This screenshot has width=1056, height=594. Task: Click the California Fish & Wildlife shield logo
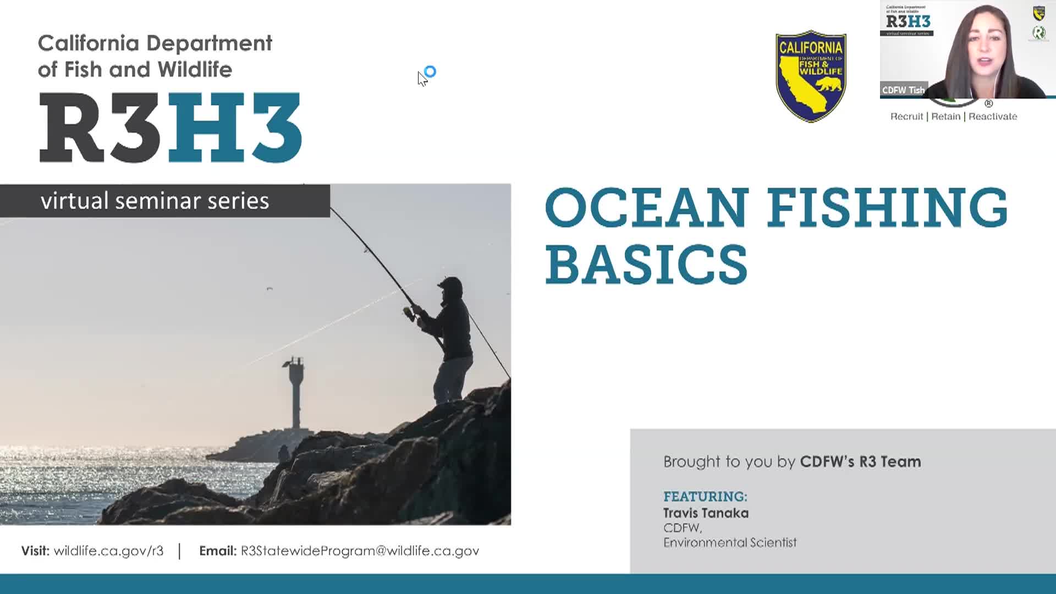coord(811,76)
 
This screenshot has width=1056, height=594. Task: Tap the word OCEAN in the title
coord(647,207)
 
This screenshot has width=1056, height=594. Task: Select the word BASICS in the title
coord(646,265)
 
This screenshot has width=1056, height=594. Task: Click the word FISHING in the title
coord(887,207)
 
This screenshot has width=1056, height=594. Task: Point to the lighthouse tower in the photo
coord(296,393)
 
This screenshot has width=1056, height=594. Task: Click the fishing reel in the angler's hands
coord(409,313)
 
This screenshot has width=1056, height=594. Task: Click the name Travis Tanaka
coord(706,513)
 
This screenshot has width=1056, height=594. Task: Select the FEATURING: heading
coord(705,497)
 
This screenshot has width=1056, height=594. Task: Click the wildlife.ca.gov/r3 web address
coord(108,551)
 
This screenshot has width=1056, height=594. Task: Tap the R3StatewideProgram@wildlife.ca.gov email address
coord(360,551)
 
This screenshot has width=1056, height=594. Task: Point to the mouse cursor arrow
coord(422,79)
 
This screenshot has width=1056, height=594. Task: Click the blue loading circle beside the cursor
coord(431,71)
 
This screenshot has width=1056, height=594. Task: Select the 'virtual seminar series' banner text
coord(155,201)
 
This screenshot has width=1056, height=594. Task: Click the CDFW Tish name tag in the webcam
coord(903,90)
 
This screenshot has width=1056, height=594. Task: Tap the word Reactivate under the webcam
coord(993,117)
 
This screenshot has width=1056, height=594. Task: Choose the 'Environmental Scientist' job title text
coord(730,543)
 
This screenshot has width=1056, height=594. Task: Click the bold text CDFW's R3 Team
coord(860,461)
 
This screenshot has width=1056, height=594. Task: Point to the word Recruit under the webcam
coord(906,117)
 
